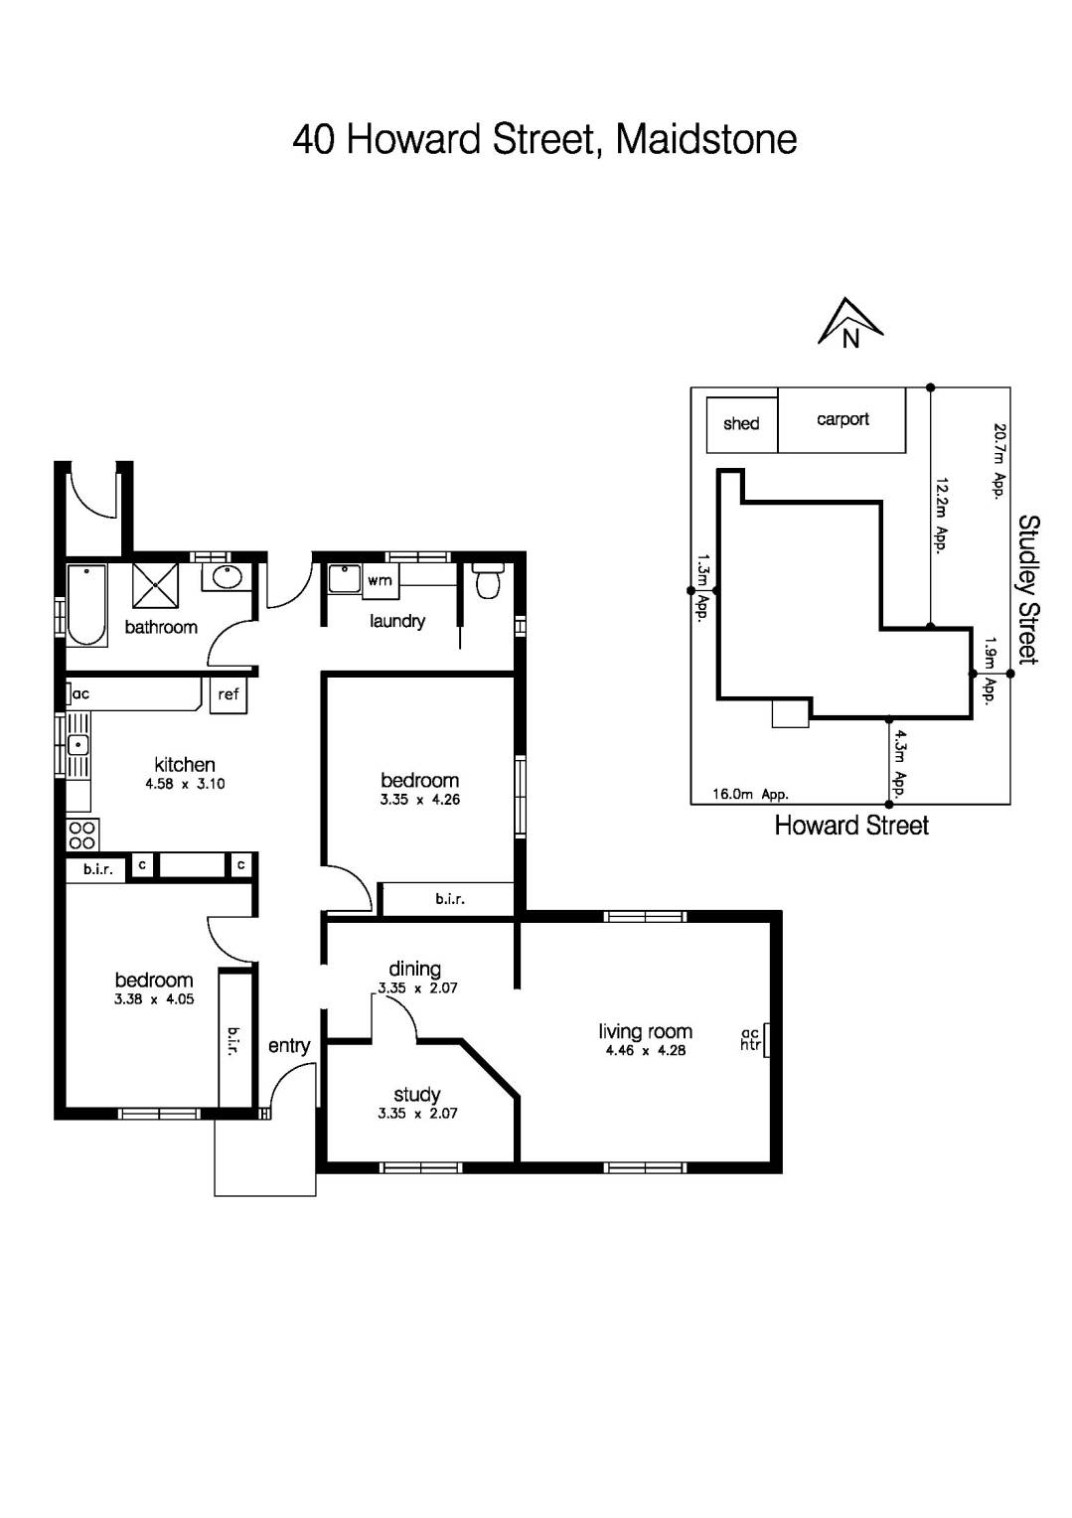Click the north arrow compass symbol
click(849, 324)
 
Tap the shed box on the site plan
click(741, 424)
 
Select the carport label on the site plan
click(842, 419)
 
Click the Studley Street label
click(1028, 589)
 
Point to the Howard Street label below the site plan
click(851, 826)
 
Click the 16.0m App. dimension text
click(750, 795)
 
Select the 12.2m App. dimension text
click(941, 514)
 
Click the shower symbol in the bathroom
click(156, 585)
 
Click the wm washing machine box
click(380, 580)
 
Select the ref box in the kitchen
click(229, 694)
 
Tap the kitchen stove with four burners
click(81, 835)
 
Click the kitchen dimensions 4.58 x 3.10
click(185, 784)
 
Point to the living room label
click(645, 1031)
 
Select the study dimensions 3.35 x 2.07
click(417, 1114)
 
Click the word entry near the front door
click(289, 1045)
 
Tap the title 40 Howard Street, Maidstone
click(544, 139)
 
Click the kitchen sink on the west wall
click(77, 744)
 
